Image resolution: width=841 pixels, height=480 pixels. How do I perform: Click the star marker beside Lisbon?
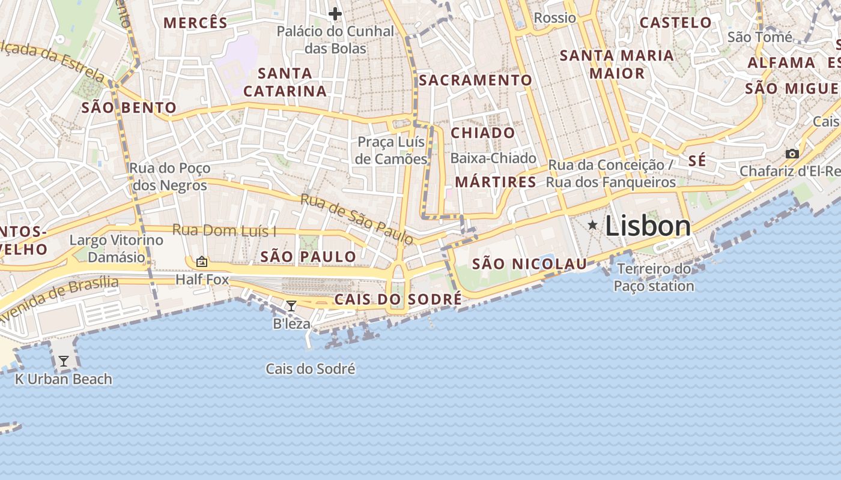(593, 225)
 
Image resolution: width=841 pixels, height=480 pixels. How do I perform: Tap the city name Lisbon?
(648, 226)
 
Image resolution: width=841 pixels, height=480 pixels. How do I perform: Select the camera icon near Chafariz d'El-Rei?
(792, 154)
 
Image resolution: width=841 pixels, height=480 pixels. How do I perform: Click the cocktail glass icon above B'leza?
(291, 306)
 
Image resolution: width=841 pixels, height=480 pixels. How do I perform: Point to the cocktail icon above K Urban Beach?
(63, 361)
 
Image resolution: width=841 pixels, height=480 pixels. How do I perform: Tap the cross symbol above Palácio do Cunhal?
(335, 13)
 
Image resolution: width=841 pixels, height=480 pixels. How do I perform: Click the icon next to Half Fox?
(202, 262)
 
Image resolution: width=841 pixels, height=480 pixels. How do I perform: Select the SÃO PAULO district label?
(308, 257)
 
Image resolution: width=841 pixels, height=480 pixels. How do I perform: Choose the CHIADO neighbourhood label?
(483, 133)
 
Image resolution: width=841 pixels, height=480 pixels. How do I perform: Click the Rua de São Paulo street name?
(357, 219)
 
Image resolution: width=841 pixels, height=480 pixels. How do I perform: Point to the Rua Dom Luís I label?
(224, 230)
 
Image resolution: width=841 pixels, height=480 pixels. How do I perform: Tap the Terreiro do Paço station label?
(654, 277)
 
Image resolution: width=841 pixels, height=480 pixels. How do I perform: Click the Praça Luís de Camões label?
(391, 151)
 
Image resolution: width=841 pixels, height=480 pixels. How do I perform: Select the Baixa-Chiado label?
(493, 158)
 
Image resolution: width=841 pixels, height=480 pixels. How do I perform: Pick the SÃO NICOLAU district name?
(529, 263)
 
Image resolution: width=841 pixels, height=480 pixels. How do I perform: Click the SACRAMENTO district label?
(475, 80)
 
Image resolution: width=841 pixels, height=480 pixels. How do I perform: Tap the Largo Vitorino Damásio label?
(116, 248)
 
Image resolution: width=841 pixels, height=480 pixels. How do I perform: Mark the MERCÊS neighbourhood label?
(195, 23)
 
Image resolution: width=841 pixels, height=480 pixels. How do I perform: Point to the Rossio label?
(554, 18)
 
